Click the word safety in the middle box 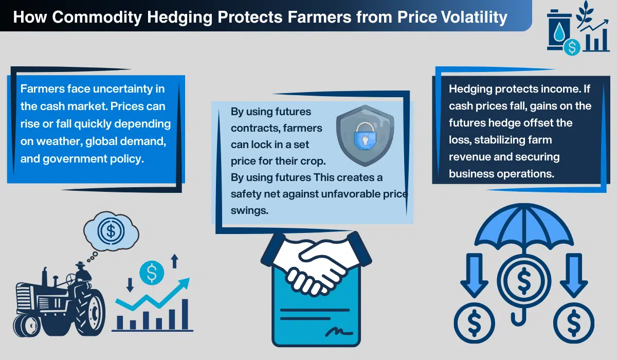pos(247,194)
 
